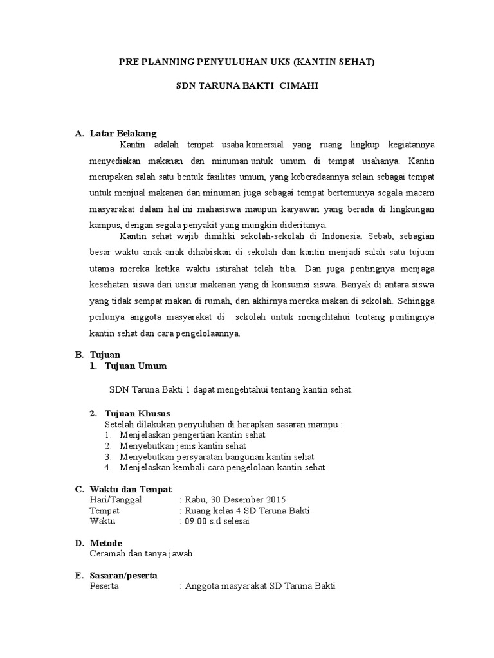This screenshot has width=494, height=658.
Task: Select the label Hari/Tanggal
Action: pyautogui.click(x=119, y=500)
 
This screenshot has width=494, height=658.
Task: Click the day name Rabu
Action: pyautogui.click(x=196, y=500)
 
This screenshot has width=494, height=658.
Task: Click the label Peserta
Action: pyautogui.click(x=104, y=586)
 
